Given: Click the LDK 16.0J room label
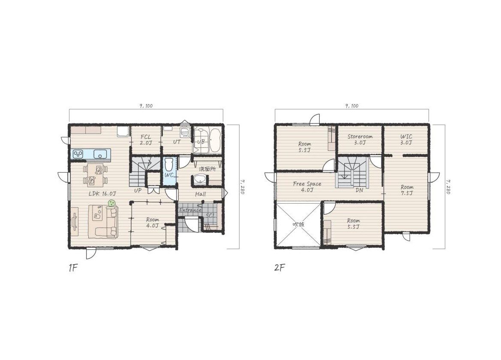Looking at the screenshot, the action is (x=102, y=194).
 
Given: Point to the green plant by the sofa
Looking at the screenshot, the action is (x=111, y=203).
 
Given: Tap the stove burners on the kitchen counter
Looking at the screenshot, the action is (x=78, y=154).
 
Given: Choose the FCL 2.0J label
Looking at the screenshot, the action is (x=146, y=140).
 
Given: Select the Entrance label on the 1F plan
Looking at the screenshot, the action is (x=190, y=210).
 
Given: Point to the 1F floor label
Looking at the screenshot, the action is (x=73, y=268).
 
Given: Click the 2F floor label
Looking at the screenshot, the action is (x=279, y=268).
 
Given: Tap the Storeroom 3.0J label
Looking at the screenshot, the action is (x=360, y=139).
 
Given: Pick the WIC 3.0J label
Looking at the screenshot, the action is (x=406, y=140).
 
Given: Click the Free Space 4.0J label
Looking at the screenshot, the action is (x=307, y=187).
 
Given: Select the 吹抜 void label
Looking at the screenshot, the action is (x=298, y=224).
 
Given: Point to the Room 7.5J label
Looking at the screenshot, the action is (x=407, y=190).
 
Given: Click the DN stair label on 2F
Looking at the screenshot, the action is (x=360, y=190).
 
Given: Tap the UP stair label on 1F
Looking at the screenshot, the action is (x=138, y=190).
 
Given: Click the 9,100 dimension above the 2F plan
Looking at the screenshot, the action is (x=352, y=106).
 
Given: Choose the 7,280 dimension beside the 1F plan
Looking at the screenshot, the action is (x=242, y=186).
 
